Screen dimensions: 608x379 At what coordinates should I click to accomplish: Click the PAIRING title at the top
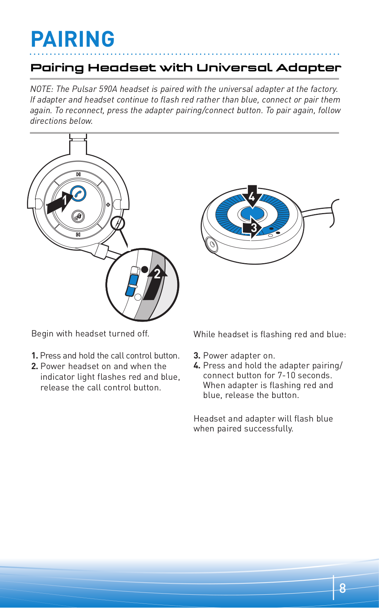[x=73, y=39]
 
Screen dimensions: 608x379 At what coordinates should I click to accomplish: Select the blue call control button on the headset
[x=79, y=194]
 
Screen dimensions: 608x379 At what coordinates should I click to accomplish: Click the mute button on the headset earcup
[x=78, y=216]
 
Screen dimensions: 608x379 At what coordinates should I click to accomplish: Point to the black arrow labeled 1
[x=60, y=201]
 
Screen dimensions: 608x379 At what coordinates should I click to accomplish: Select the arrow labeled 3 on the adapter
[x=252, y=227]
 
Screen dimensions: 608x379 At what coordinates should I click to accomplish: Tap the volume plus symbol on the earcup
[x=108, y=205]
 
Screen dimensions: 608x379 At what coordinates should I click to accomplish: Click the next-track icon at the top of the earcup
[x=78, y=174]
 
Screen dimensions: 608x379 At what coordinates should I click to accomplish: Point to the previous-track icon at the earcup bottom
[x=78, y=235]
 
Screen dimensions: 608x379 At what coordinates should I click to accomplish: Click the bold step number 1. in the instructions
[x=35, y=356]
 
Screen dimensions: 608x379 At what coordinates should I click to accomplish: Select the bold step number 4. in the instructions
[x=197, y=366]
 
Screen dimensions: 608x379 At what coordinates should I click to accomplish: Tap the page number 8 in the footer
[x=343, y=588]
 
